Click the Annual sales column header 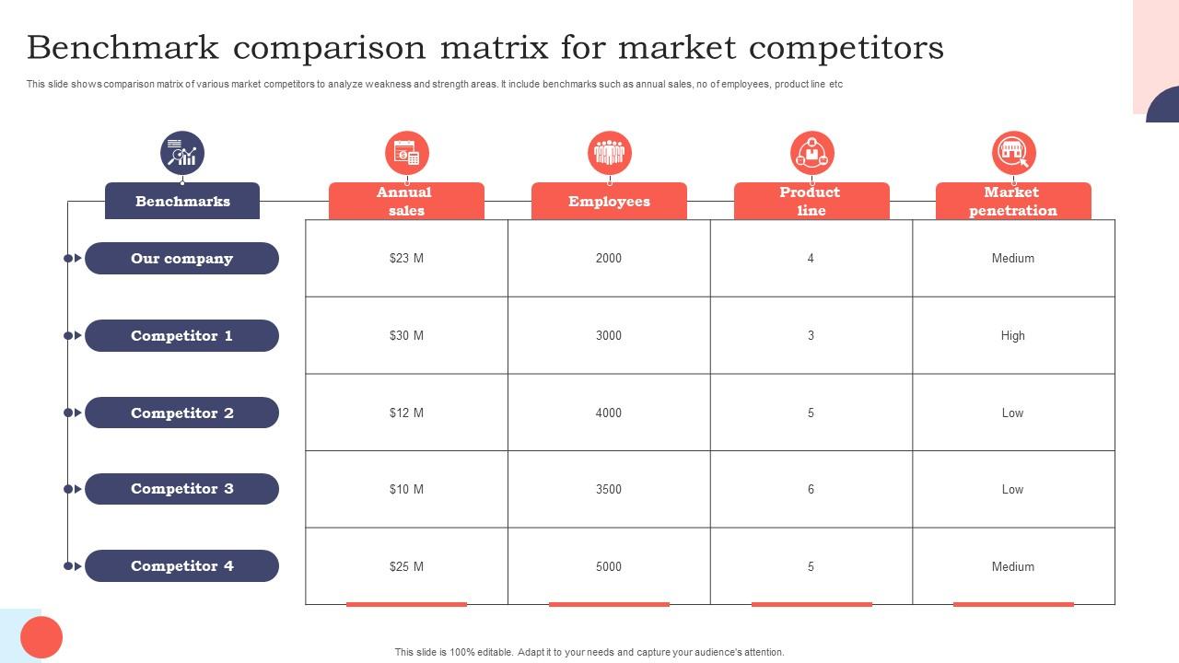[x=406, y=201]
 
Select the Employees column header [x=609, y=201]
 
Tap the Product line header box [x=811, y=201]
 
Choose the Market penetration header [x=1013, y=201]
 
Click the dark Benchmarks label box [x=182, y=201]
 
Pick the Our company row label [x=181, y=259]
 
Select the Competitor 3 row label [x=181, y=489]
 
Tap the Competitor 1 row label [x=181, y=336]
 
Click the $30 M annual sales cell [x=406, y=336]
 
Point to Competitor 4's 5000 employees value [x=609, y=566]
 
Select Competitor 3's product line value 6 [x=811, y=489]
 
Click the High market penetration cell [x=1012, y=336]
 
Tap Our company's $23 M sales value [x=406, y=259]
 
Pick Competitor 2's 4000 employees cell [x=609, y=413]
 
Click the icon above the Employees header [x=609, y=153]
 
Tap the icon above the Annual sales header [x=406, y=153]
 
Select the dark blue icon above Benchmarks [x=182, y=153]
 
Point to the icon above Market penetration [x=1013, y=153]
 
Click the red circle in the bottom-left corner [x=41, y=637]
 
